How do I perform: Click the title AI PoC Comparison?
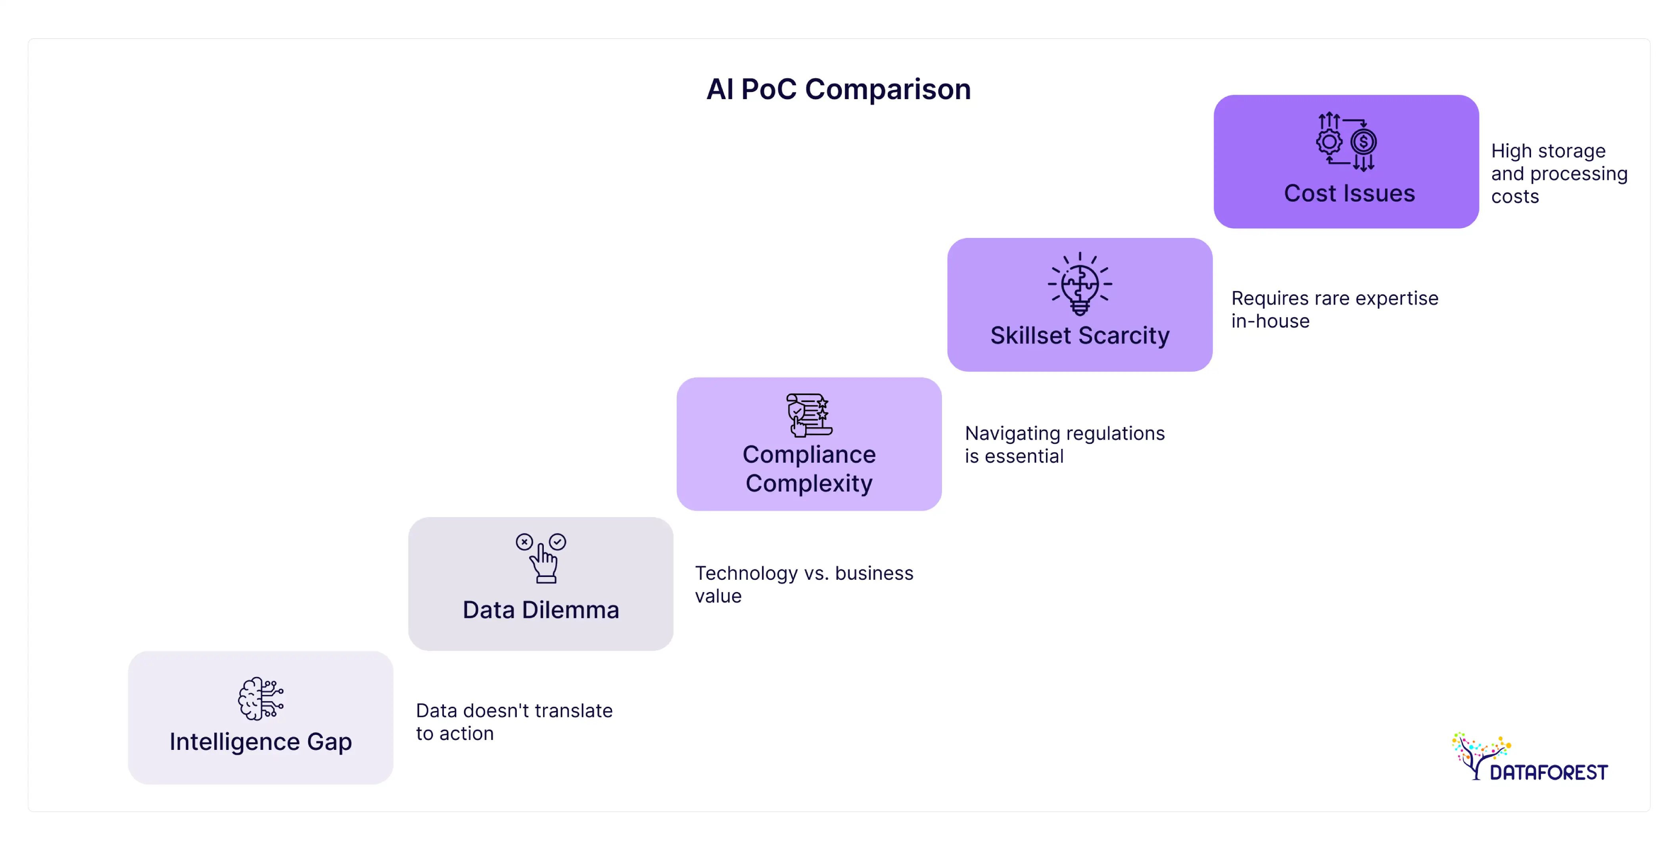click(x=838, y=89)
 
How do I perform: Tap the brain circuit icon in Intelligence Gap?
click(x=261, y=698)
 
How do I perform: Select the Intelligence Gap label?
click(x=261, y=742)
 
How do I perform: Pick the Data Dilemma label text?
click(x=540, y=610)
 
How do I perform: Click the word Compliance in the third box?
click(x=809, y=454)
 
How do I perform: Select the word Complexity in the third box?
click(x=809, y=483)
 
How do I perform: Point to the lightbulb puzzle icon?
click(x=1079, y=285)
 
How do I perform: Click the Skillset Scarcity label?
click(x=1079, y=335)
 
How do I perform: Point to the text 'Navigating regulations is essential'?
click(x=1064, y=445)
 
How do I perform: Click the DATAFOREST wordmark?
click(x=1548, y=773)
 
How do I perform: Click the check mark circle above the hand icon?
click(x=557, y=541)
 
